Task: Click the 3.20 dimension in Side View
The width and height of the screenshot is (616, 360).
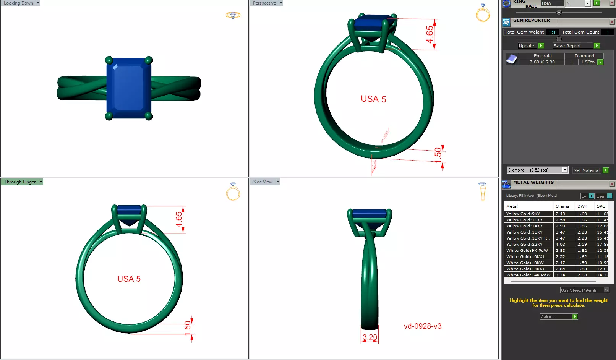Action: [x=370, y=337]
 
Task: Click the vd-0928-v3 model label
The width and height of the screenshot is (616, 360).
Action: [x=422, y=326]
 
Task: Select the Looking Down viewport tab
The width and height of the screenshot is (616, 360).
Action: [x=18, y=3]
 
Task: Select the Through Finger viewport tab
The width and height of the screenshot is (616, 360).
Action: [x=20, y=182]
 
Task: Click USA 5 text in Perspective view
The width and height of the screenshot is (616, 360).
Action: [x=373, y=99]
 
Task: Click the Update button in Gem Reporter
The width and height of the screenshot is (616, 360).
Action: [x=526, y=46]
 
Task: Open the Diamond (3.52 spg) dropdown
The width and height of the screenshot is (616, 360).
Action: [x=564, y=170]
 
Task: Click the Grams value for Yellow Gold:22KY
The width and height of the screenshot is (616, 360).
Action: [x=560, y=244]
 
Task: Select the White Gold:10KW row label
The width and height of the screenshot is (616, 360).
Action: [x=525, y=263]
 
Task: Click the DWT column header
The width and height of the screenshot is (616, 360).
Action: [x=582, y=206]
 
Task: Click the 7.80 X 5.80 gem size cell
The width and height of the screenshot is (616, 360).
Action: [x=542, y=62]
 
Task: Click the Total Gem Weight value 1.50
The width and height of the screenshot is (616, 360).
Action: [x=552, y=32]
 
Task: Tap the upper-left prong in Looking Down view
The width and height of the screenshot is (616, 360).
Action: [x=109, y=60]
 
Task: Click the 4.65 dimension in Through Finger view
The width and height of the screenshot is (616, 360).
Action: [x=179, y=219]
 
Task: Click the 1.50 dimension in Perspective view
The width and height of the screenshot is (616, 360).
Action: [x=438, y=155]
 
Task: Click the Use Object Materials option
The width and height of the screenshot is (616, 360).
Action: [x=579, y=290]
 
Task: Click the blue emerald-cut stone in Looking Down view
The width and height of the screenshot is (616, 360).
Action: [x=129, y=88]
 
